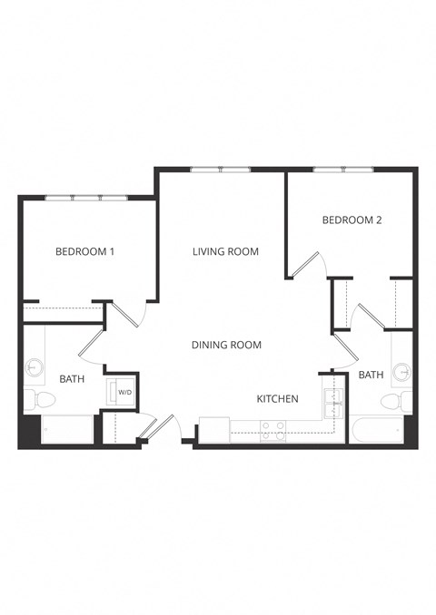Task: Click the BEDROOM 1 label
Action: click(84, 252)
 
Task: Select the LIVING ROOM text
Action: click(225, 251)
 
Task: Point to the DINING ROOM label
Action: click(226, 345)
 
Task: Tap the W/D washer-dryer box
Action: click(122, 392)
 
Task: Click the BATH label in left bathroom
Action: click(72, 378)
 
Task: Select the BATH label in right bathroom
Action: click(371, 374)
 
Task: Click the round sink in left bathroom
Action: click(35, 367)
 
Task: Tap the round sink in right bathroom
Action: click(401, 371)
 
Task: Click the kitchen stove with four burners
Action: click(272, 430)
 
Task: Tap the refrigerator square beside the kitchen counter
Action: click(213, 429)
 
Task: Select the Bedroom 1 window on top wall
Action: click(85, 198)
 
